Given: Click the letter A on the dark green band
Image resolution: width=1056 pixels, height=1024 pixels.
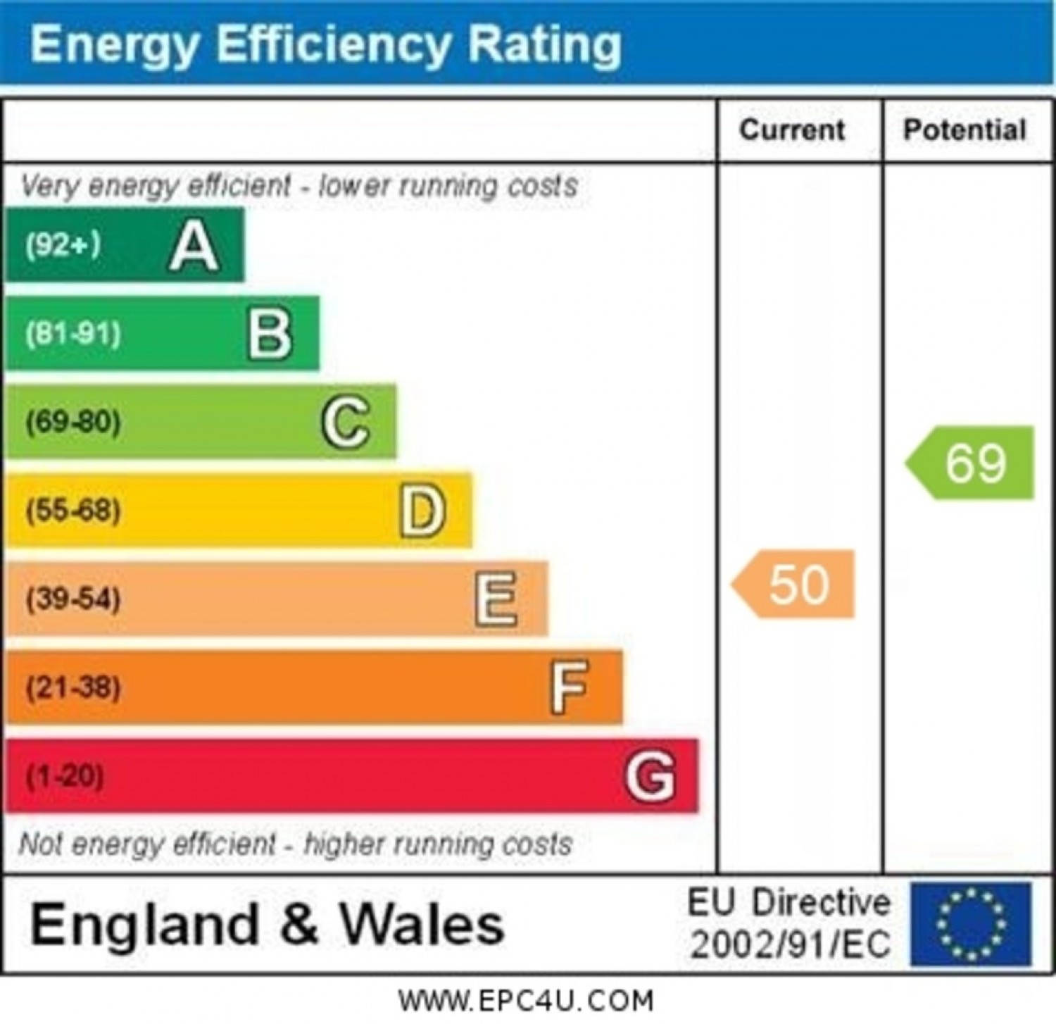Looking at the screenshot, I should coord(194,246).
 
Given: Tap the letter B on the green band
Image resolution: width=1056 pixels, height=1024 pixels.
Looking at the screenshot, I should coord(270,334).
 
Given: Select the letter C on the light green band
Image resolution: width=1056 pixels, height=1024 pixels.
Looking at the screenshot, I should coord(346,422).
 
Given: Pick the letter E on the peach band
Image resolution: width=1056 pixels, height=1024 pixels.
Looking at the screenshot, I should coord(496,599).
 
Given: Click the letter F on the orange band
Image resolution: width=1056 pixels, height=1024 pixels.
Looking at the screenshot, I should coord(569,687).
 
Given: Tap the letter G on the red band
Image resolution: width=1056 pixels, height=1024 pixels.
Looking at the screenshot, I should coord(650,775).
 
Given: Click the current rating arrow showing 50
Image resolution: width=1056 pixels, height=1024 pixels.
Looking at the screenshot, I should coord(795,585).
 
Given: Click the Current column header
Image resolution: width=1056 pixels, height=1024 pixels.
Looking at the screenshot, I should coord(792,130).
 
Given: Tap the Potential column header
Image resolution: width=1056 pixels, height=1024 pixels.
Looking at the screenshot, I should coord(964,130).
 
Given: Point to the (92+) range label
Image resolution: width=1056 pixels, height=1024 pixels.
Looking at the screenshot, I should coord(63,245).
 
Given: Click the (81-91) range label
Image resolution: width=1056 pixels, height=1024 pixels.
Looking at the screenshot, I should coord(73,333).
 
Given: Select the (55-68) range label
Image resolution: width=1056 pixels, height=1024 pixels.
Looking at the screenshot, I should coord(73,510).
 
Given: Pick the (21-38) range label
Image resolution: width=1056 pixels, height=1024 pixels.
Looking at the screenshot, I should coord(73,687).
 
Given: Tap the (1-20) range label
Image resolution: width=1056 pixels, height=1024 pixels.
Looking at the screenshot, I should coord(65,775).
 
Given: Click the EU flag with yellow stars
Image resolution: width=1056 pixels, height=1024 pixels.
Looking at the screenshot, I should coord(971,924).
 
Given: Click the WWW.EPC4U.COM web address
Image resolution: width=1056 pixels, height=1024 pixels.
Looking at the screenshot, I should coord(525,1001).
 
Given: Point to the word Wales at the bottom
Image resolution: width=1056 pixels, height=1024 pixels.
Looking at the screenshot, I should coord(422,924).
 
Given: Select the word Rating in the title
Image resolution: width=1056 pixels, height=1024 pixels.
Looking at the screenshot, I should coord(544,45).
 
